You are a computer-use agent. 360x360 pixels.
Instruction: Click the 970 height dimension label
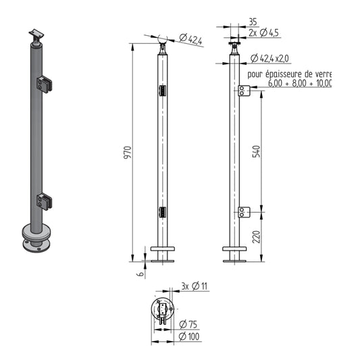pyautogui.click(x=128, y=152)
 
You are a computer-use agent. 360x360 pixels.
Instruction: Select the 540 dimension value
pyautogui.click(x=256, y=151)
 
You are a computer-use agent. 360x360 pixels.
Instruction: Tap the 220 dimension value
pyautogui.click(x=256, y=236)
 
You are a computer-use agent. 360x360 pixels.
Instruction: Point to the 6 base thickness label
pyautogui.click(x=141, y=274)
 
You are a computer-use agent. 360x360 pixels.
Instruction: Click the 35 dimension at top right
pyautogui.click(x=253, y=22)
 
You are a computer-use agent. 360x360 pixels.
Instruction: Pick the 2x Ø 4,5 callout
pyautogui.click(x=264, y=33)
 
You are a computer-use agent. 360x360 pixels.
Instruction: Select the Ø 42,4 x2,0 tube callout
pyautogui.click(x=269, y=59)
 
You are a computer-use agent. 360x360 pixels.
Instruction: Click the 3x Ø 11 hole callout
pyautogui.click(x=195, y=286)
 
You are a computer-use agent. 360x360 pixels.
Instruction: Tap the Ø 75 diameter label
pyautogui.click(x=188, y=324)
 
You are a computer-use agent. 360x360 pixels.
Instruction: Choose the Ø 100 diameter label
pyautogui.click(x=189, y=336)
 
